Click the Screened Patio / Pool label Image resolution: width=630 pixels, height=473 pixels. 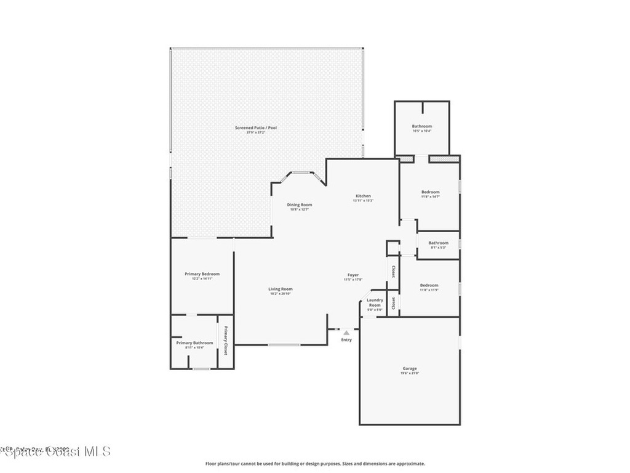(x=256, y=127)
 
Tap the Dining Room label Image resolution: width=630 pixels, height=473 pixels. (x=300, y=204)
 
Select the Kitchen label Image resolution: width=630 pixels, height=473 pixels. (x=363, y=196)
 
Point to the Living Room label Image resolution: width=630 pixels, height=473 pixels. (x=281, y=289)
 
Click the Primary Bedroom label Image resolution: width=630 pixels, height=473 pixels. (x=202, y=273)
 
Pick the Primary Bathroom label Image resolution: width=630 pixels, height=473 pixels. (x=194, y=342)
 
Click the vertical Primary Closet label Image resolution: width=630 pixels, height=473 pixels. (x=225, y=341)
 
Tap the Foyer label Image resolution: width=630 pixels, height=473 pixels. (x=353, y=275)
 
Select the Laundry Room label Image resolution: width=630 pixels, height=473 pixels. (x=375, y=302)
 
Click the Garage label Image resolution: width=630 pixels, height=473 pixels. (x=410, y=368)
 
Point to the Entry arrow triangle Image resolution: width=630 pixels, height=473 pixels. (x=346, y=333)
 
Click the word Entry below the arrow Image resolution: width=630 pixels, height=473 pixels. (x=347, y=340)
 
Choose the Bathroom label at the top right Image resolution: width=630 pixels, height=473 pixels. (x=422, y=126)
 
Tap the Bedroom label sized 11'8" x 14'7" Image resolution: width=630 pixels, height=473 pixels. (x=431, y=192)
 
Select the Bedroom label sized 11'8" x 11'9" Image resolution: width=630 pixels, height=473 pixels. (x=429, y=285)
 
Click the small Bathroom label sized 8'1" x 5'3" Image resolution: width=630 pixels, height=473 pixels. (x=439, y=243)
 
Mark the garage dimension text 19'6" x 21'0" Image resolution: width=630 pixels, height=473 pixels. (x=410, y=373)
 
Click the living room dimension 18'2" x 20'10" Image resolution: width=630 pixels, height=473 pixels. (x=281, y=294)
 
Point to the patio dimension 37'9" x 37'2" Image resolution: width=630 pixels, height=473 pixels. (x=256, y=132)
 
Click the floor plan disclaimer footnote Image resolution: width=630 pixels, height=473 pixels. (x=315, y=464)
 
